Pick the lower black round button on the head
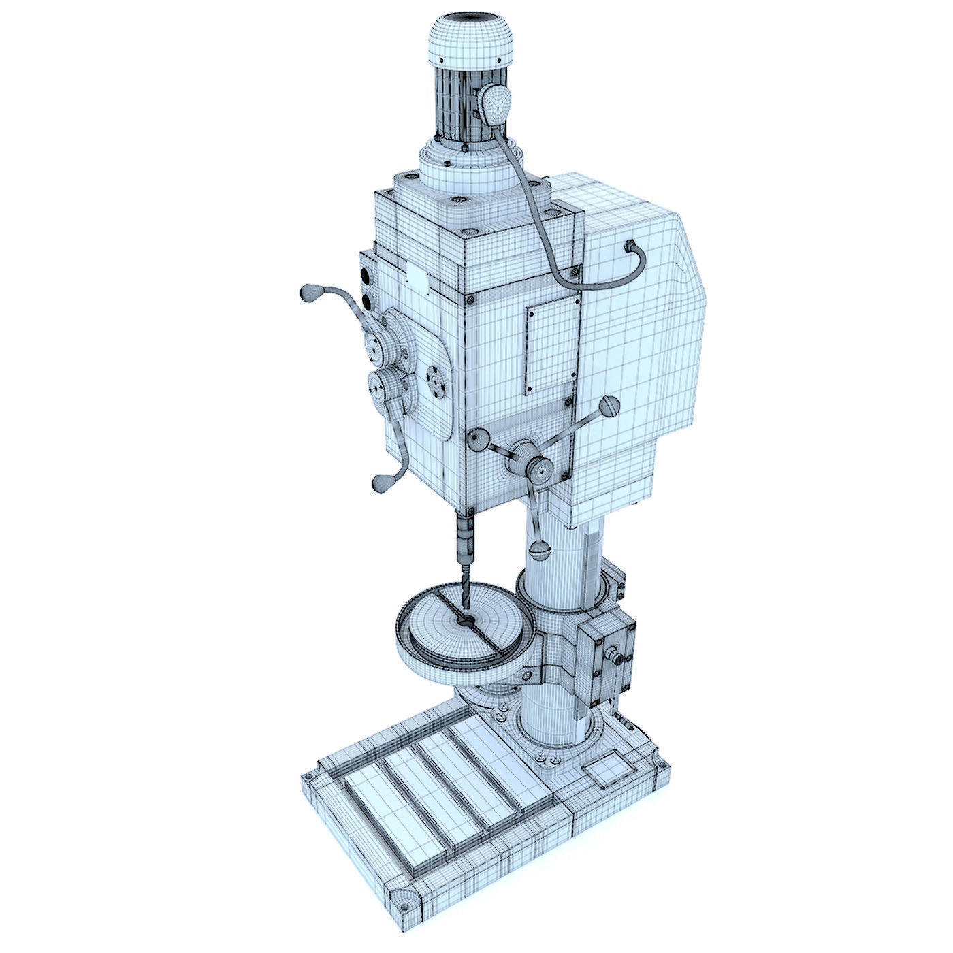tap(368, 301)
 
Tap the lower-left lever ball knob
tap(379, 482)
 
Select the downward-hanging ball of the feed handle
tap(540, 549)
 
